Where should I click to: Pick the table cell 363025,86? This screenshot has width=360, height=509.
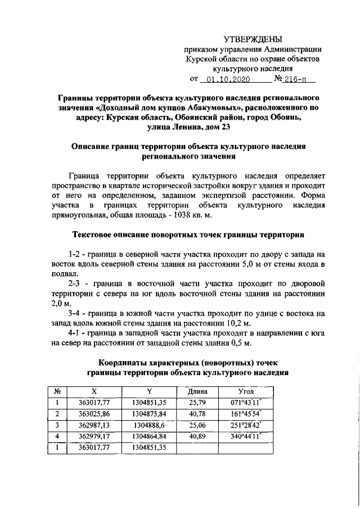point(93,413)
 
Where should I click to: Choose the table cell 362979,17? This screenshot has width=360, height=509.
point(93,436)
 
